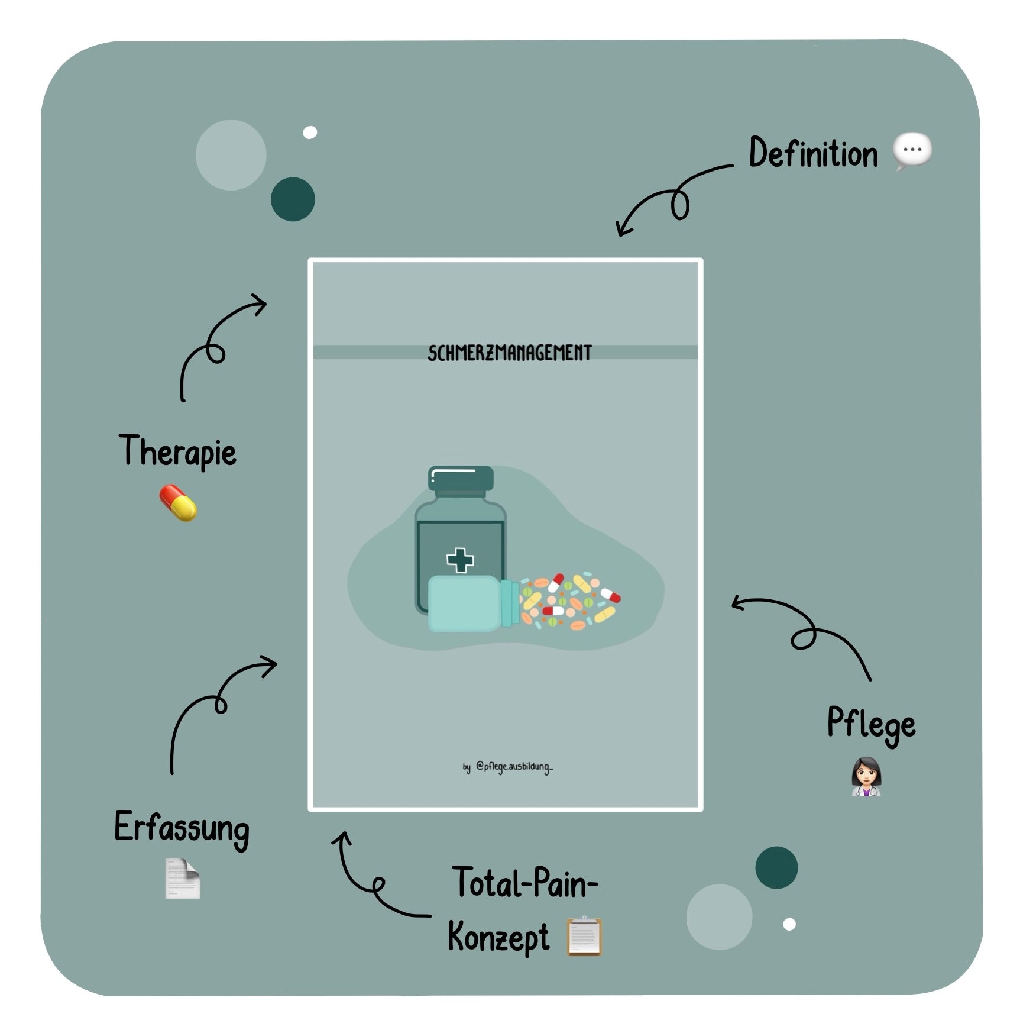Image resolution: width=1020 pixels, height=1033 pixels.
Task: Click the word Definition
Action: coord(813,154)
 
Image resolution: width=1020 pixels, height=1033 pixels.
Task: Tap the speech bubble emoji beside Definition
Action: coord(912,152)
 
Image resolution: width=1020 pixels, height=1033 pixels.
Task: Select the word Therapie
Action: coord(177,453)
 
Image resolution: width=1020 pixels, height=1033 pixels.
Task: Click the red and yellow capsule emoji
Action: coord(178,503)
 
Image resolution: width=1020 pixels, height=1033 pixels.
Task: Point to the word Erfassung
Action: coord(182,828)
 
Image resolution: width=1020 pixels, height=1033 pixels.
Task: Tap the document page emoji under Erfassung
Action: coord(182,878)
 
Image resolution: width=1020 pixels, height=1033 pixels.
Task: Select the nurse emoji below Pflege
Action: coord(866,777)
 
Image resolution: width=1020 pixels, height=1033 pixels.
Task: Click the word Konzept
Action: coord(498,938)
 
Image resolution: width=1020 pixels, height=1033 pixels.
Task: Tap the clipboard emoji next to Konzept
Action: coord(584,936)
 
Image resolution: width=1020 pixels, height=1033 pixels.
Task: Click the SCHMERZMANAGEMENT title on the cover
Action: coord(509,353)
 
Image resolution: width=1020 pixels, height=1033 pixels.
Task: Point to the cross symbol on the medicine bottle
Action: coord(460,560)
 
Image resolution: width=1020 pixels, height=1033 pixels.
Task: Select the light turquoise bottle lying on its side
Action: coord(470,603)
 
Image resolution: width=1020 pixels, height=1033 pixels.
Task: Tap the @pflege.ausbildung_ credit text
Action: coord(508,767)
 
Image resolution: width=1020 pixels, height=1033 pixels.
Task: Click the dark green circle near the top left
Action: coord(293,199)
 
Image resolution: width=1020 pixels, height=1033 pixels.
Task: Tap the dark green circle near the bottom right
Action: coord(776,867)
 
